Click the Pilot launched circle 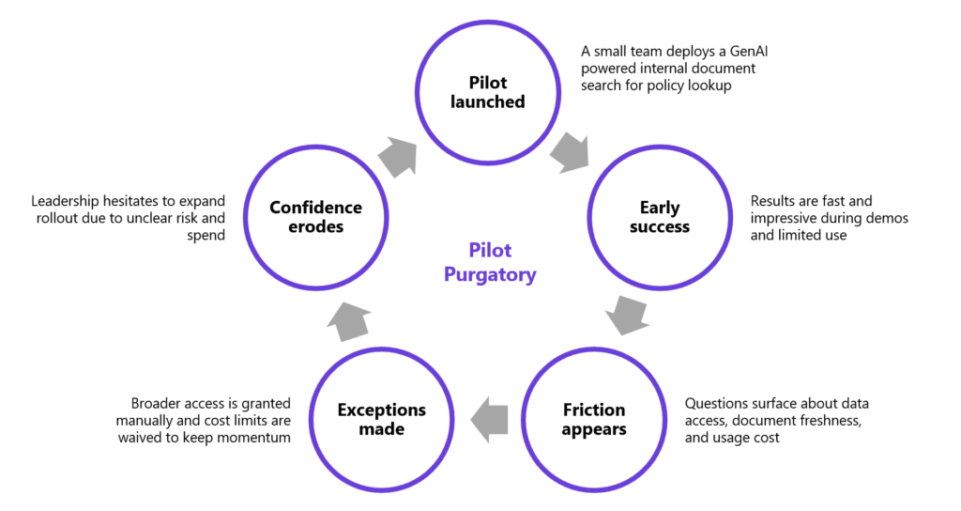point(488,91)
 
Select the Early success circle point(660,216)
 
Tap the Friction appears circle point(594,419)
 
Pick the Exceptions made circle point(381,419)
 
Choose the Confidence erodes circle point(315,216)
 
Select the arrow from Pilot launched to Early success point(570,152)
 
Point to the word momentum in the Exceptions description point(251,439)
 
